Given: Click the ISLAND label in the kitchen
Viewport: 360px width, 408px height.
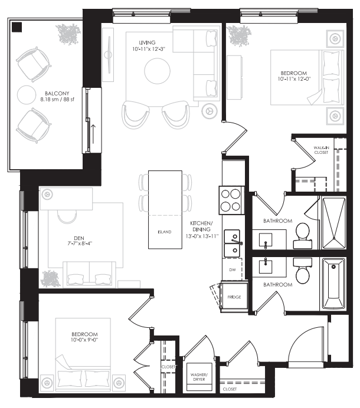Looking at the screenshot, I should click(x=165, y=232).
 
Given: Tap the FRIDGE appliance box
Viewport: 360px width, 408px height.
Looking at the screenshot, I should click(x=234, y=297).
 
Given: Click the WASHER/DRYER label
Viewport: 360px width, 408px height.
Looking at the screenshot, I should click(x=198, y=377).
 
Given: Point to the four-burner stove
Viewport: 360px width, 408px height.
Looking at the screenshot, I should click(x=231, y=200).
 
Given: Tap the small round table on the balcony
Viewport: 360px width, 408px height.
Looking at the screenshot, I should click(x=27, y=95).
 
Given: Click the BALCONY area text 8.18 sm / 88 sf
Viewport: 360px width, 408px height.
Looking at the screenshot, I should click(x=57, y=101).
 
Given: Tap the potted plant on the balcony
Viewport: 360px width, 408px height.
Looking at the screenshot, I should click(x=67, y=35).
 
